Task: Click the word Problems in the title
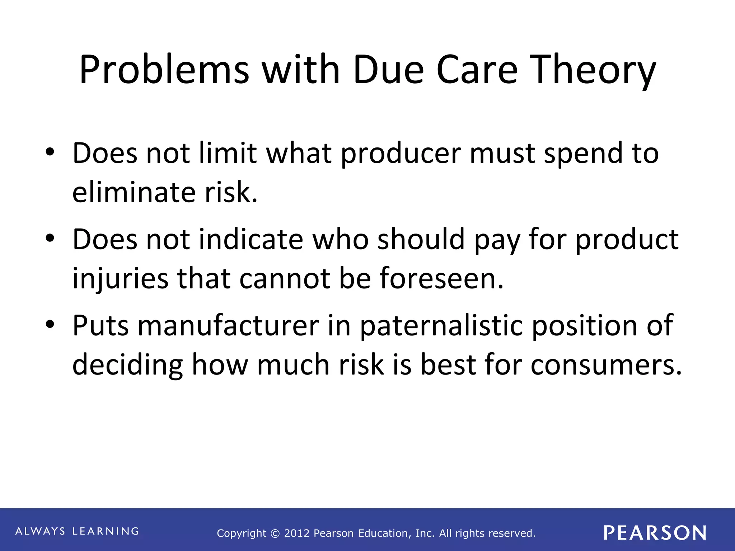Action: click(164, 70)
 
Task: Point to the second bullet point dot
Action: click(50, 238)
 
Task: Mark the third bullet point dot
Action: click(50, 324)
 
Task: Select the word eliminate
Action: click(134, 193)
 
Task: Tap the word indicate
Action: click(251, 240)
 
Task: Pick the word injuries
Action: click(120, 279)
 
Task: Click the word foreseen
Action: click(441, 279)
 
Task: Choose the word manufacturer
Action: click(228, 326)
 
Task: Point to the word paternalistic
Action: click(441, 326)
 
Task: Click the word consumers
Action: click(606, 365)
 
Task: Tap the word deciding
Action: click(127, 365)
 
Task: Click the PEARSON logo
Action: click(655, 533)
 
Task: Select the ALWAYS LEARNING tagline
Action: click(77, 531)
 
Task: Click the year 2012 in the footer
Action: click(297, 533)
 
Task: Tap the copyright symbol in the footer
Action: click(275, 534)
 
